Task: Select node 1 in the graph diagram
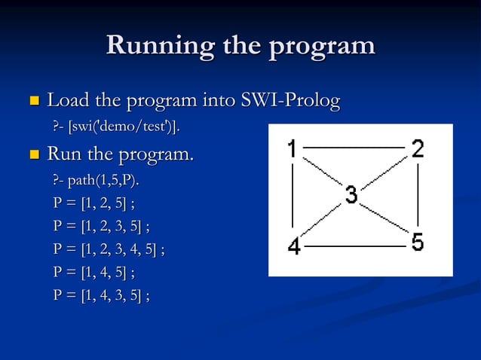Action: pyautogui.click(x=292, y=148)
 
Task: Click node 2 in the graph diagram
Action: pyautogui.click(x=417, y=148)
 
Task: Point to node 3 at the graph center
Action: pyautogui.click(x=351, y=195)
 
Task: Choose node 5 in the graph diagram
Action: pyautogui.click(x=417, y=243)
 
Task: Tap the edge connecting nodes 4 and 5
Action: pyautogui.click(x=354, y=246)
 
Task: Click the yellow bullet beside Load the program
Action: pyautogui.click(x=33, y=100)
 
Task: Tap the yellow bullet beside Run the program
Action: pyautogui.click(x=33, y=156)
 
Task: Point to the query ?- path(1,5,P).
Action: pyautogui.click(x=96, y=182)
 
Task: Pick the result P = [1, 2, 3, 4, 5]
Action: pyautogui.click(x=109, y=249)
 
